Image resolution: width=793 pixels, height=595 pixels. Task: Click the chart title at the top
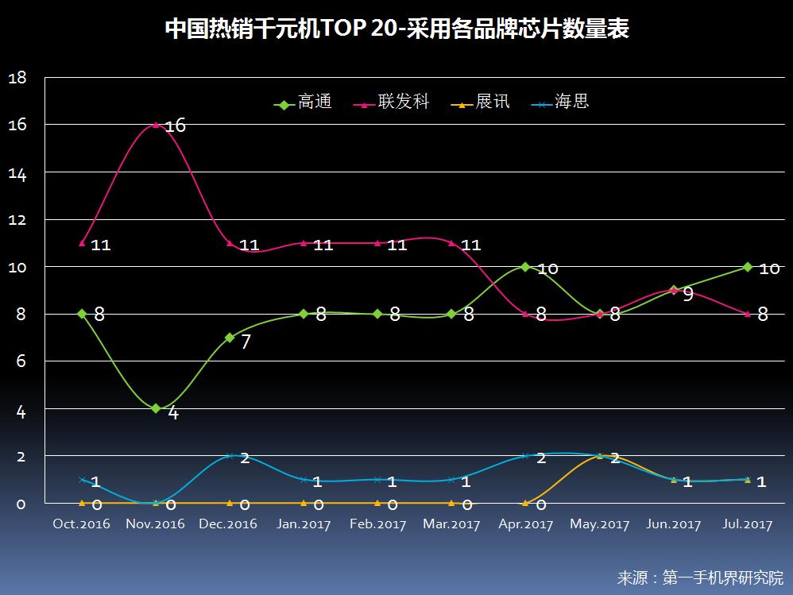(x=396, y=29)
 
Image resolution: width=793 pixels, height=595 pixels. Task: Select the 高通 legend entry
(x=304, y=103)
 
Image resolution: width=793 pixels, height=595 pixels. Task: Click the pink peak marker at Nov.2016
(x=156, y=125)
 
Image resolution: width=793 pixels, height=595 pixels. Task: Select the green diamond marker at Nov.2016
(x=156, y=408)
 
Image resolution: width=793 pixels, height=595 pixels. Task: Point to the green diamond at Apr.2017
(x=525, y=267)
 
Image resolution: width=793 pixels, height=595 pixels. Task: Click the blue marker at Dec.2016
(x=230, y=456)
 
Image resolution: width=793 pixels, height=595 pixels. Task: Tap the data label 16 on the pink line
(x=175, y=126)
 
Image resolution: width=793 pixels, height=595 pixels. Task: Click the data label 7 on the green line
(x=246, y=342)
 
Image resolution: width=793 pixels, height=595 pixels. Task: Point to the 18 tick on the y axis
(x=17, y=78)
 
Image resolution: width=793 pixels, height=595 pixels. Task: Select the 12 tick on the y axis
(x=17, y=219)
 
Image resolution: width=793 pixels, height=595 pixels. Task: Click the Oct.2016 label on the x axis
(x=81, y=524)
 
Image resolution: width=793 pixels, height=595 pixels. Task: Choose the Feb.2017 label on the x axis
(x=377, y=524)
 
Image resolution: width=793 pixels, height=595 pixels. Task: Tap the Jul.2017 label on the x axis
(x=747, y=524)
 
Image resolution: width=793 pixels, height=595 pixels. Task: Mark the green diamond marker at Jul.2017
(x=747, y=267)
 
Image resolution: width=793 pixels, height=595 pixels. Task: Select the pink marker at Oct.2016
(x=82, y=243)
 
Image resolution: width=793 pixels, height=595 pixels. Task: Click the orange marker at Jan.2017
(x=304, y=503)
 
